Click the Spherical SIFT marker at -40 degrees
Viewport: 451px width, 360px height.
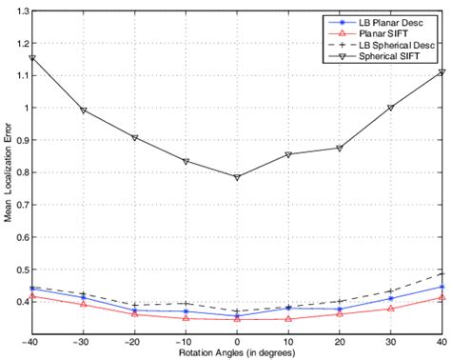pyautogui.click(x=33, y=58)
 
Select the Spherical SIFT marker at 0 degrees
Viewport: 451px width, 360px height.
pyautogui.click(x=238, y=177)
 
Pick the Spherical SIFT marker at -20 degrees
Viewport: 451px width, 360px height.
pyautogui.click(x=135, y=138)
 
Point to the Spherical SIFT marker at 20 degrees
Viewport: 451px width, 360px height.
pyautogui.click(x=340, y=149)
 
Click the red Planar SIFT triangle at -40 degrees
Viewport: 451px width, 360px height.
pyautogui.click(x=33, y=296)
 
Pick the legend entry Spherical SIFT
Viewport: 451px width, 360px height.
pyautogui.click(x=383, y=58)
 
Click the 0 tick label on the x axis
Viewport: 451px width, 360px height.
pyautogui.click(x=238, y=342)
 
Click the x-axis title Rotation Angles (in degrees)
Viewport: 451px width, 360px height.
pyautogui.click(x=238, y=353)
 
